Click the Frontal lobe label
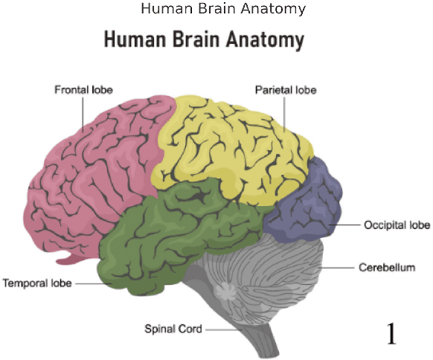83,90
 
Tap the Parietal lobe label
286,90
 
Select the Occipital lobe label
397,225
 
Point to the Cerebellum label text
386,267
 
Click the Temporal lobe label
36,283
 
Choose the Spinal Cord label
173,328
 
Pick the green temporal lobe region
171,231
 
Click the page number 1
392,334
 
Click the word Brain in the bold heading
190,39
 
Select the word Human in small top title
161,9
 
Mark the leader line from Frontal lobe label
83,112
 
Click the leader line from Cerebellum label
339,267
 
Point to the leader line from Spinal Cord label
219,329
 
